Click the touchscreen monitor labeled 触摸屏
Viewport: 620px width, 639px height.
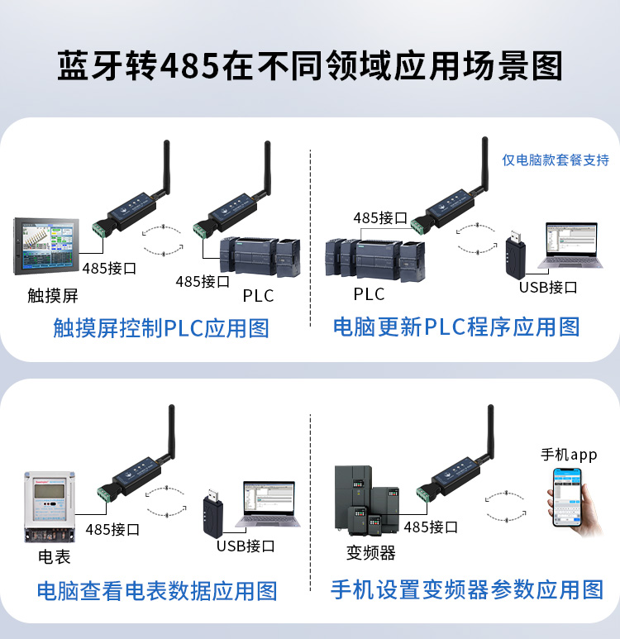[x=46, y=246]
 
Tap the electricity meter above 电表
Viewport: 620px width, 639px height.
[x=50, y=508]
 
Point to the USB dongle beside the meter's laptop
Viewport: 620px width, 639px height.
[x=212, y=513]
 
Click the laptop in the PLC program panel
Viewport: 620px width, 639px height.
[x=570, y=246]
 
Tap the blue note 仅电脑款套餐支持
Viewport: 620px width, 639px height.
[x=556, y=160]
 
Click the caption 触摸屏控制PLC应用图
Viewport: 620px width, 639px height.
[x=161, y=328]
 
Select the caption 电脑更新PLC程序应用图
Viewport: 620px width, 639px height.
[x=456, y=327]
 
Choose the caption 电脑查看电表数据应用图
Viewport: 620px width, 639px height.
[x=157, y=591]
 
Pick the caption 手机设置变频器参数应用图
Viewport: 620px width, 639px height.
[x=467, y=589]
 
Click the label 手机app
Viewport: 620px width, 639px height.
[x=569, y=455]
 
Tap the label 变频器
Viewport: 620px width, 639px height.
[x=370, y=553]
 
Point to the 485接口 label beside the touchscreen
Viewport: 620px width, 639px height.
[x=109, y=268]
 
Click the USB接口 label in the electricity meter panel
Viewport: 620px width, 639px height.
[x=246, y=546]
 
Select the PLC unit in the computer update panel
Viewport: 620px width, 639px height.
[x=375, y=260]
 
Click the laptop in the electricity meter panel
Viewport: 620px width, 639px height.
[x=268, y=504]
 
